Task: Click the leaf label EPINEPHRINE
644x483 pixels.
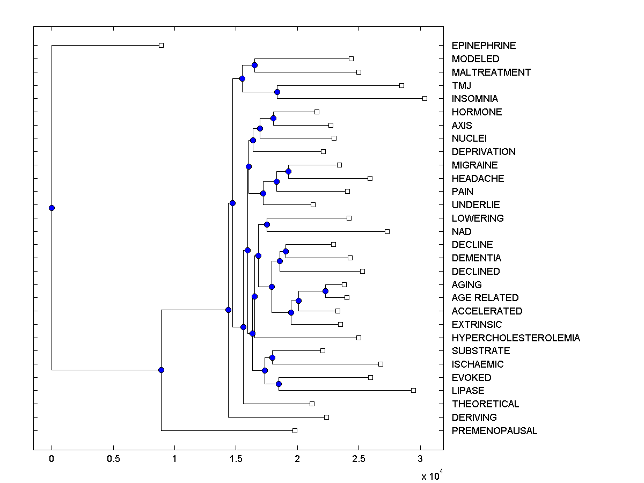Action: [x=484, y=46]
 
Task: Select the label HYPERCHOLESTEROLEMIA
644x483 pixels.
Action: [x=516, y=338]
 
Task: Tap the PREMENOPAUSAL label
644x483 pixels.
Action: [x=494, y=431]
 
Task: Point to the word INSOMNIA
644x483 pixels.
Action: [x=474, y=99]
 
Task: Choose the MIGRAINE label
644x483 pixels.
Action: [x=474, y=165]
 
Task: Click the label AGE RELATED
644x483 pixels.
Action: [x=485, y=298]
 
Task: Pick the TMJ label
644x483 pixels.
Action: [x=462, y=85]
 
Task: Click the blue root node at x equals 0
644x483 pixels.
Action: [x=52, y=208]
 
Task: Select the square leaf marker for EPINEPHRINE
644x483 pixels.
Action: [x=161, y=45]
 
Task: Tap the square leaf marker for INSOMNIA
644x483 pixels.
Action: [x=425, y=98]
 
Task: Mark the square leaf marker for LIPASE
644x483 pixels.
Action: [x=413, y=390]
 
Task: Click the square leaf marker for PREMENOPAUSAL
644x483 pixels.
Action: [x=295, y=430]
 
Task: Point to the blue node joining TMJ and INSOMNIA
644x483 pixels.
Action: [x=277, y=92]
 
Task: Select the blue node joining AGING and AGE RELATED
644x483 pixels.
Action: [x=325, y=291]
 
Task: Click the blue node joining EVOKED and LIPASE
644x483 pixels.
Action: [x=279, y=384]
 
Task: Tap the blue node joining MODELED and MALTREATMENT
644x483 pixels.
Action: [x=254, y=65]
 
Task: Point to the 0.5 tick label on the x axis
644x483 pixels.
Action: [x=113, y=459]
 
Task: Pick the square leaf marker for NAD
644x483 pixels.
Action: [x=387, y=231]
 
